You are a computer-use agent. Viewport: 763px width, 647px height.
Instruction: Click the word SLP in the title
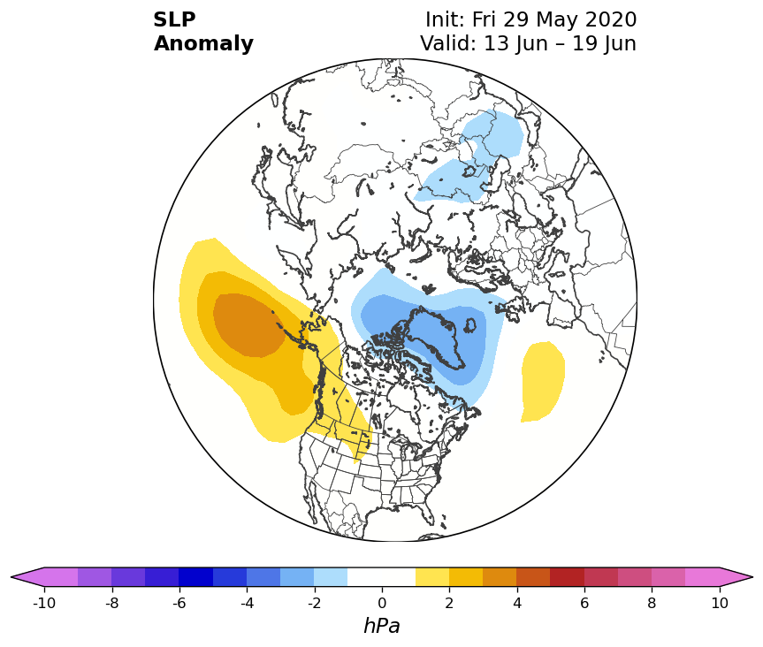tap(174, 20)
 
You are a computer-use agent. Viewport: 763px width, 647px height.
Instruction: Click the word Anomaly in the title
tap(203, 44)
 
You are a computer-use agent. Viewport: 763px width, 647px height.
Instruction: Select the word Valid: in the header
tap(448, 43)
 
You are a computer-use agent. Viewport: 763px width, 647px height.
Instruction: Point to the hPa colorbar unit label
tap(382, 626)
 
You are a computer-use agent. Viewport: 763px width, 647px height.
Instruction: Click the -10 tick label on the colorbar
tap(44, 603)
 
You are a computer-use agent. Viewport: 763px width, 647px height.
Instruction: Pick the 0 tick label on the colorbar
tap(382, 603)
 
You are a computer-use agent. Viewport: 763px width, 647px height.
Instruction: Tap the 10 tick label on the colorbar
tap(720, 603)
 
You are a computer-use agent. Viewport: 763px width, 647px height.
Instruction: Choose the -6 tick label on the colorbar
tap(179, 603)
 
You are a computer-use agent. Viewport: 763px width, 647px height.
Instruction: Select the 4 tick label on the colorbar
tap(517, 603)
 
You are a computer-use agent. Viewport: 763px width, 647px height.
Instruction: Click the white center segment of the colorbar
tap(382, 577)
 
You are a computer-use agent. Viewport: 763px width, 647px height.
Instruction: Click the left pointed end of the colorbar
tap(11, 577)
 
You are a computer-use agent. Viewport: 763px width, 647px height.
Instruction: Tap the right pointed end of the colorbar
tap(752, 577)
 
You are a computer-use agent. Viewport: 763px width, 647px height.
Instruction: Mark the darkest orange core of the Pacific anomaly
tap(248, 325)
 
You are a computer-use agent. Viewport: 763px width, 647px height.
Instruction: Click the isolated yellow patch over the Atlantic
tap(543, 381)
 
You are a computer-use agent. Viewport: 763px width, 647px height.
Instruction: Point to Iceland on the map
tap(470, 324)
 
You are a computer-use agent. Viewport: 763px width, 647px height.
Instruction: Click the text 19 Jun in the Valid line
tap(604, 43)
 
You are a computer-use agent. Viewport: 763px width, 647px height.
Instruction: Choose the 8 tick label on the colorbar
tap(652, 603)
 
